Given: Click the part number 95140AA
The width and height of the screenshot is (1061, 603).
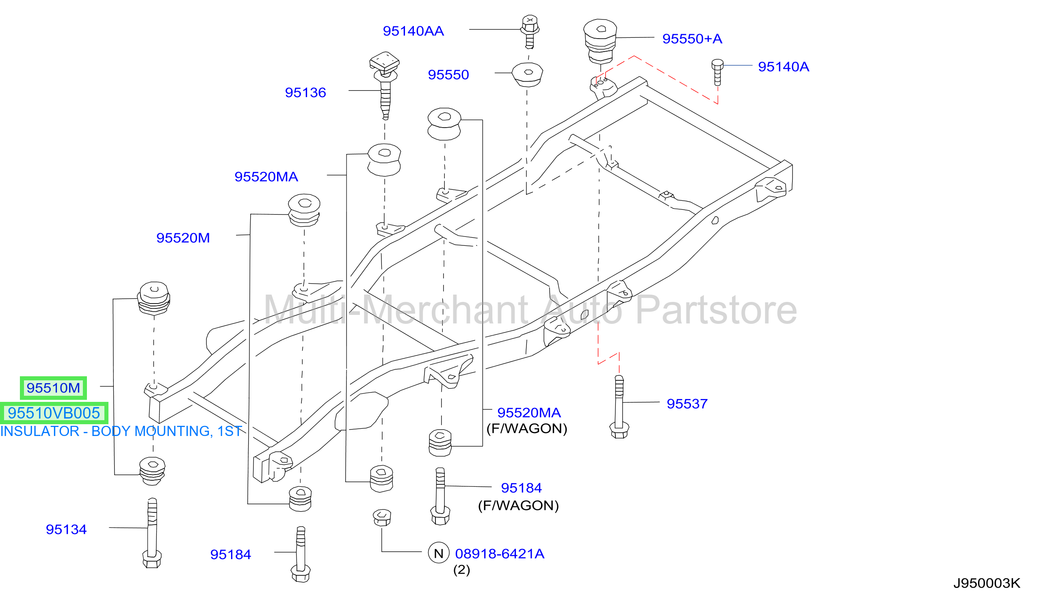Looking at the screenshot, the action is pyautogui.click(x=413, y=31).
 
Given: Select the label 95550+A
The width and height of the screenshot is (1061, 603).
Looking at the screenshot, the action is pyautogui.click(x=692, y=39).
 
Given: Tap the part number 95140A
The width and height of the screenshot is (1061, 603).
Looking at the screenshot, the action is pyautogui.click(x=783, y=67).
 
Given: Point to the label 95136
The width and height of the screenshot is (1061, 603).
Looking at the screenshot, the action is pyautogui.click(x=305, y=92).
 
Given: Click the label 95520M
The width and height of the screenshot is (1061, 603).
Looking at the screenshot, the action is pyautogui.click(x=183, y=238).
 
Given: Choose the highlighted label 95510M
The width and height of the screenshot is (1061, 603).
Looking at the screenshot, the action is pyautogui.click(x=53, y=388).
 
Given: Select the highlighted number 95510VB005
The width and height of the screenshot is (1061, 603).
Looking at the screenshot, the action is pyautogui.click(x=54, y=413).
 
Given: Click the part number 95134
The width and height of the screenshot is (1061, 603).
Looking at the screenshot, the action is pyautogui.click(x=66, y=529).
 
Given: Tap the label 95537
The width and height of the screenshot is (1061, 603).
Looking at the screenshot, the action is pyautogui.click(x=687, y=404).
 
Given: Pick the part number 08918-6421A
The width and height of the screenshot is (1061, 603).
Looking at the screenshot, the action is pyautogui.click(x=500, y=554).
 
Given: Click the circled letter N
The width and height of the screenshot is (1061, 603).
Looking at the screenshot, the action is pyautogui.click(x=439, y=553).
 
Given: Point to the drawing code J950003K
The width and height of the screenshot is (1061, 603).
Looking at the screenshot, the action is pyautogui.click(x=987, y=583).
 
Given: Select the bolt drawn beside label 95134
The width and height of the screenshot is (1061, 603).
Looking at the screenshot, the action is pyautogui.click(x=152, y=533).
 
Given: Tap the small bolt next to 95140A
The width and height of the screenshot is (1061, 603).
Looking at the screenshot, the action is pyautogui.click(x=717, y=72).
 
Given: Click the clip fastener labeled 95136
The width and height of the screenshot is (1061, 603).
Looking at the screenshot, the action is pyautogui.click(x=385, y=85).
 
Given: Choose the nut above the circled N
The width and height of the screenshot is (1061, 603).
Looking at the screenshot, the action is pyautogui.click(x=382, y=518).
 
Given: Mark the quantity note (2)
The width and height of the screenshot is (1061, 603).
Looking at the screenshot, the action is pyautogui.click(x=461, y=570).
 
